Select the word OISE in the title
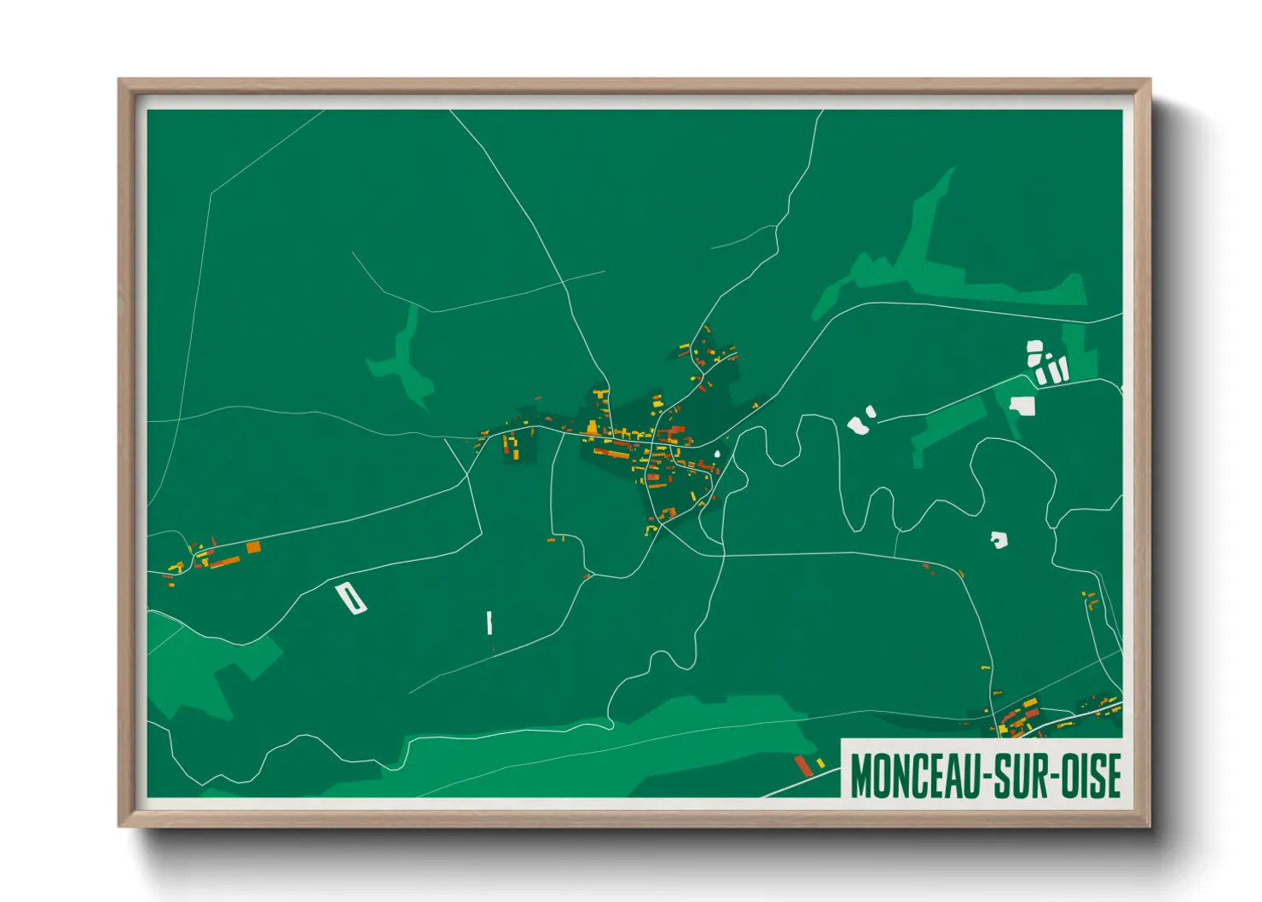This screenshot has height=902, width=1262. (x=1091, y=776)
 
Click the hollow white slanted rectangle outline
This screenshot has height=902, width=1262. (x=350, y=598)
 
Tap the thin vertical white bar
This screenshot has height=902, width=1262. (x=489, y=622)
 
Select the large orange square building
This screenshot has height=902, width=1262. (x=253, y=547)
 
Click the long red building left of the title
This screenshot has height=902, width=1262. (x=802, y=765)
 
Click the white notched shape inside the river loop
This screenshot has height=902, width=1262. (x=999, y=540)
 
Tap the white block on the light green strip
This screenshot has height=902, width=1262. (x=1022, y=405)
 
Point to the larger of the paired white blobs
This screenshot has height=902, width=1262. (x=856, y=425)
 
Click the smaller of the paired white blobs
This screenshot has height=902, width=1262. (x=871, y=413)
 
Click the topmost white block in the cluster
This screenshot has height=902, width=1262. (x=1034, y=348)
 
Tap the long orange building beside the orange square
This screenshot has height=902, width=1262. (x=226, y=561)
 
